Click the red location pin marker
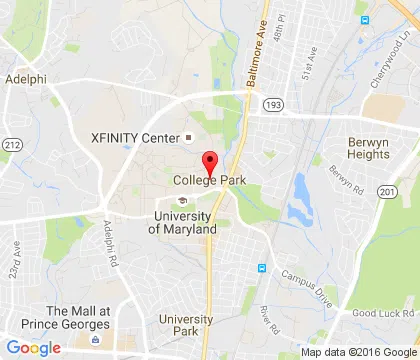210,162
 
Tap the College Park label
210,181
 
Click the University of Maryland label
183,222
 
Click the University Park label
186,325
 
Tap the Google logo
34,347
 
